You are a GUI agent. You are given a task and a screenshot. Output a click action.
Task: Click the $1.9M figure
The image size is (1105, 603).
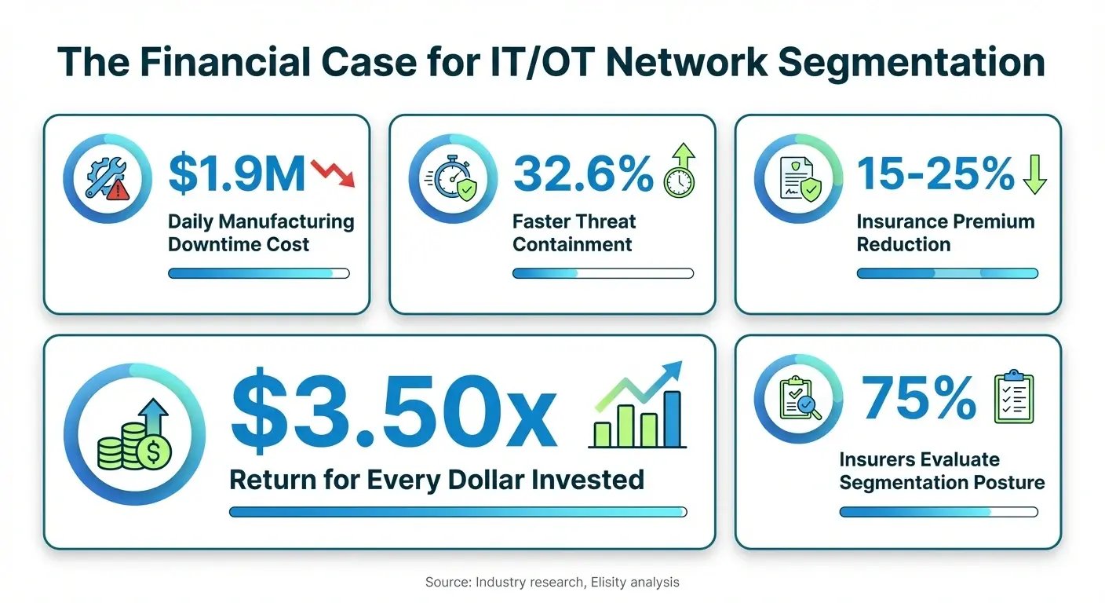pyautogui.click(x=236, y=174)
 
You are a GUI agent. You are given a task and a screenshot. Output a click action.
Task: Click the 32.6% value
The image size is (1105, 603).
pyautogui.click(x=582, y=174)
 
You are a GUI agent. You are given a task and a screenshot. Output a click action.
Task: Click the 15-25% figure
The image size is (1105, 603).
pyautogui.click(x=936, y=174)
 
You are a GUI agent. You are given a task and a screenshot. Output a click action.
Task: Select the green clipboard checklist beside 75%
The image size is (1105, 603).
pyautogui.click(x=1014, y=397)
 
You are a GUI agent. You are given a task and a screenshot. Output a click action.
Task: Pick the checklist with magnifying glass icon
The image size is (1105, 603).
pyautogui.click(x=799, y=399)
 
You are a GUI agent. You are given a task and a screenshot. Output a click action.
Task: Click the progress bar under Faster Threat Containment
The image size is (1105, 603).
pyautogui.click(x=603, y=273)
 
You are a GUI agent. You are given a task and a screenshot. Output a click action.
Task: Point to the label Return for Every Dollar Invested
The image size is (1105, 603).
pyautogui.click(x=436, y=479)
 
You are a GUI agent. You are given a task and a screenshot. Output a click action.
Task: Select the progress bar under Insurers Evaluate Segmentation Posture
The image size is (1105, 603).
pyautogui.click(x=938, y=511)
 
